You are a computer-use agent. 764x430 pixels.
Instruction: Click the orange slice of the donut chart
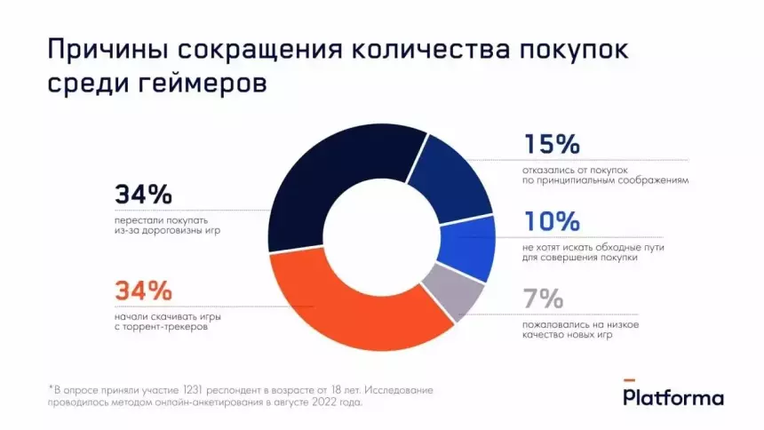[355, 311]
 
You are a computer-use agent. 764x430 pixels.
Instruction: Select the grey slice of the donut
[454, 292]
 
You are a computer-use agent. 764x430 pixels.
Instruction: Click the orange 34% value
[142, 290]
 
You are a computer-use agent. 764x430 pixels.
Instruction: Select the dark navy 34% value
[142, 194]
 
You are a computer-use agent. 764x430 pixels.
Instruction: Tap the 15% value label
[551, 144]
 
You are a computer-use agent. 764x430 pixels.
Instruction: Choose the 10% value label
[551, 220]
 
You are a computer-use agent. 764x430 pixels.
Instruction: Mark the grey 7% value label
[543, 297]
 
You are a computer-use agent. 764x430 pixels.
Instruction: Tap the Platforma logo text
[673, 398]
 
